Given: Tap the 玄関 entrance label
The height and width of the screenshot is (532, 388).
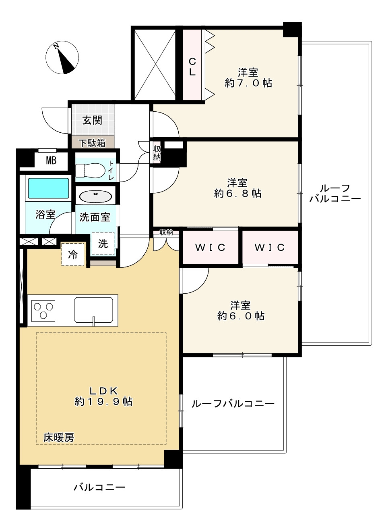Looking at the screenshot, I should (x=92, y=120).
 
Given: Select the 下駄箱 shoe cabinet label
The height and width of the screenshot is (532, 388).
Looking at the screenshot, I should (x=92, y=143).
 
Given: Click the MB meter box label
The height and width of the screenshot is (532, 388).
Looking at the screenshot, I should (x=51, y=161).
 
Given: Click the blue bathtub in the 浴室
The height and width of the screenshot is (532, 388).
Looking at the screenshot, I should (x=48, y=188).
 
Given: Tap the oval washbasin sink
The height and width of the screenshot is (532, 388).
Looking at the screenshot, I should (x=95, y=196).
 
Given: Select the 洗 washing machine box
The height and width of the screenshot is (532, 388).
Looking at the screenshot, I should (x=103, y=244).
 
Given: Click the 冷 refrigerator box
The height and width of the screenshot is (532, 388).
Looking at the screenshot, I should (x=73, y=255).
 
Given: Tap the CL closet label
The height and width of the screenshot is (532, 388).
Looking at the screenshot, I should (x=192, y=67).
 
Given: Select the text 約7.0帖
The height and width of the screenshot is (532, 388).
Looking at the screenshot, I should (x=248, y=83).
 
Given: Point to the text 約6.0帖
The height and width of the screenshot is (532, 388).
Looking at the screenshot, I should (x=241, y=316).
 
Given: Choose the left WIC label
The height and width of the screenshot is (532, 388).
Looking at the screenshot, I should (x=210, y=247).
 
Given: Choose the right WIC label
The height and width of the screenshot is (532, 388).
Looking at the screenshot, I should (x=270, y=247).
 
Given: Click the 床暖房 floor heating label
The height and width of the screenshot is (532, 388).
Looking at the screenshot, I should (x=59, y=437).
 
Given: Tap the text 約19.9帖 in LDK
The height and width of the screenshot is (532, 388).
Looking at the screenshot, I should (x=103, y=401).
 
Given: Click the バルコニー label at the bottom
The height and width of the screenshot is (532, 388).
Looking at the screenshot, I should (x=99, y=487).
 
